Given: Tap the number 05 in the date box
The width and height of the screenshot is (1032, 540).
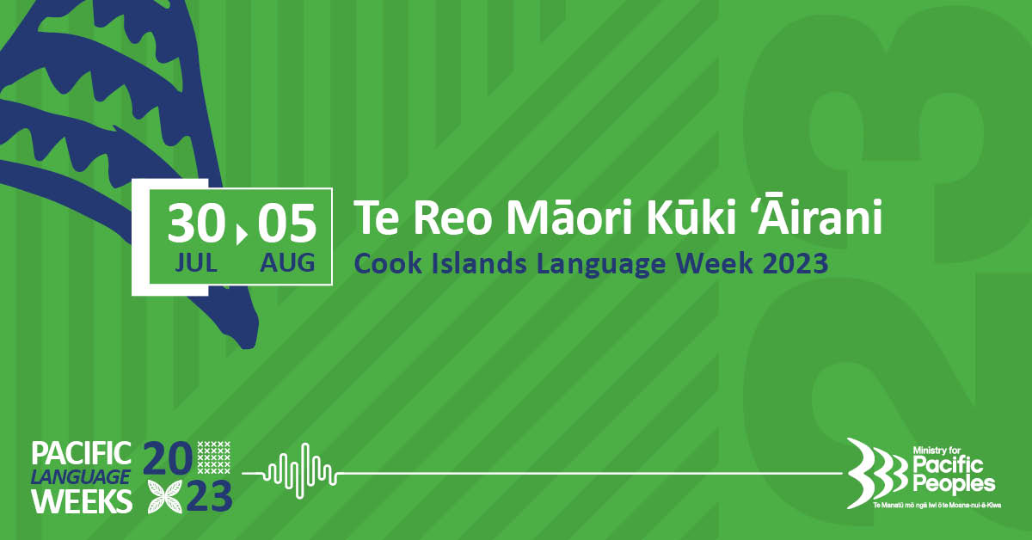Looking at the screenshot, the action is (x=287, y=223).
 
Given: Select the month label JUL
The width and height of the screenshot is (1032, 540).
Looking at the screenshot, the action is (x=196, y=263).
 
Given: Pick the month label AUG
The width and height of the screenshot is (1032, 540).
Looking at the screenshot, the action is (x=287, y=263).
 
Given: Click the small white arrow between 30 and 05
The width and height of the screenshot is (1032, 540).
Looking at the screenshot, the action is (x=242, y=234).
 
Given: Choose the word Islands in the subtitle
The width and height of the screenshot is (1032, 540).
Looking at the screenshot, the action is (x=479, y=264).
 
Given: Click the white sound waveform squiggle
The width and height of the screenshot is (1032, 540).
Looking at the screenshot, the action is (x=300, y=471).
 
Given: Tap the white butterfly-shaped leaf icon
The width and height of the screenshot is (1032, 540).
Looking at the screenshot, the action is (x=165, y=496).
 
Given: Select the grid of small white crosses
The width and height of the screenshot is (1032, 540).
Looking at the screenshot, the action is (x=214, y=457).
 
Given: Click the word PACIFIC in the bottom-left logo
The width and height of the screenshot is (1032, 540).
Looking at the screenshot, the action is (x=82, y=453).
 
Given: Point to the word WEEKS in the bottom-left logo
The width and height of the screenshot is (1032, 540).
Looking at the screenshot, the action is (x=83, y=500).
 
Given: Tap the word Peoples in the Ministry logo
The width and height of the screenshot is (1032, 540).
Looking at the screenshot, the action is (x=954, y=484).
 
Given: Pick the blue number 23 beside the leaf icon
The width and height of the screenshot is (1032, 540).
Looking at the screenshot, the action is (x=209, y=496).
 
